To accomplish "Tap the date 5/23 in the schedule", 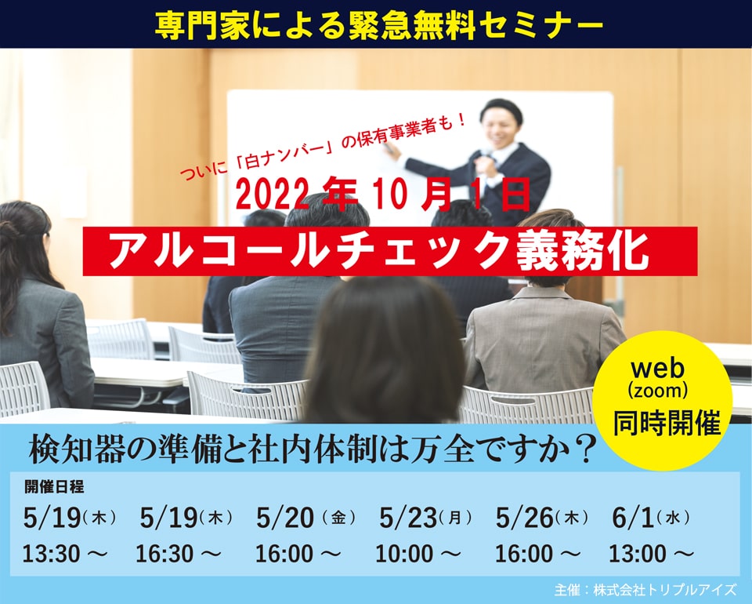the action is (408, 518).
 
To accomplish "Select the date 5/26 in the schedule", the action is (525, 518).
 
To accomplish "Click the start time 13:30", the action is (51, 554).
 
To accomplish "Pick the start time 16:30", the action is (164, 554).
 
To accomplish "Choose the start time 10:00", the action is (404, 554).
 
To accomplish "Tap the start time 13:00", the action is (638, 554).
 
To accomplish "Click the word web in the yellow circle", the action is (657, 369).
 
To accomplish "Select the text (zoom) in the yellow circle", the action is (657, 391).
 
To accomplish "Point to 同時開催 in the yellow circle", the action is (667, 423).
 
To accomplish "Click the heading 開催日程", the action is (54, 487).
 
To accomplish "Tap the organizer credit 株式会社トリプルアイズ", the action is (665, 590).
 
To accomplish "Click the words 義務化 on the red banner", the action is (582, 251).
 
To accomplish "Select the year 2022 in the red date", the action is (272, 195).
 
